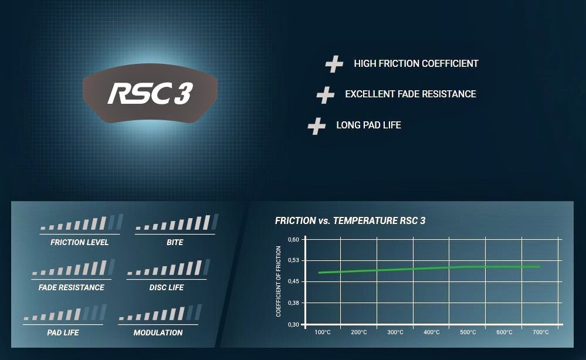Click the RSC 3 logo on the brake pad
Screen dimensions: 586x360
pos(150,93)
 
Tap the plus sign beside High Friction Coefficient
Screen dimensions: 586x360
pos(334,64)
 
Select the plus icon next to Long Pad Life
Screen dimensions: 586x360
pos(317,126)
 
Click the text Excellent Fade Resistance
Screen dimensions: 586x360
pos(411,94)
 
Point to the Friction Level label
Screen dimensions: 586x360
pos(80,242)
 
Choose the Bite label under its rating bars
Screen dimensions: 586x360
pos(175,242)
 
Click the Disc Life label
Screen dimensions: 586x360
pos(167,287)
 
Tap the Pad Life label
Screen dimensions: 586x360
pos(63,333)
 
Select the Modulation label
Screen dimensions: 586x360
pos(158,333)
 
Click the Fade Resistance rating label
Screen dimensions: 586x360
pos(72,287)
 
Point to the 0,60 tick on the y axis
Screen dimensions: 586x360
pos(293,240)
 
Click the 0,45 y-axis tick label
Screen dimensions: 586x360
pos(293,281)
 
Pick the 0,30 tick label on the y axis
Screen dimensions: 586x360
pos(293,325)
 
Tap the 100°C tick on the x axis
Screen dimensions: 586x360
pos(323,332)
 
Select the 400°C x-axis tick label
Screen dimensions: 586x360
pos(432,332)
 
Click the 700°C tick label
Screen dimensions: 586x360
pos(541,332)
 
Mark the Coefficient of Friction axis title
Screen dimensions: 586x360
pos(279,281)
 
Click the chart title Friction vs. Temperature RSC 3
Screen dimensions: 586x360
pos(350,220)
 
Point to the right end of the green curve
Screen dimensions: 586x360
pos(540,267)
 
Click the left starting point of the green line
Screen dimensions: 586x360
pos(319,273)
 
